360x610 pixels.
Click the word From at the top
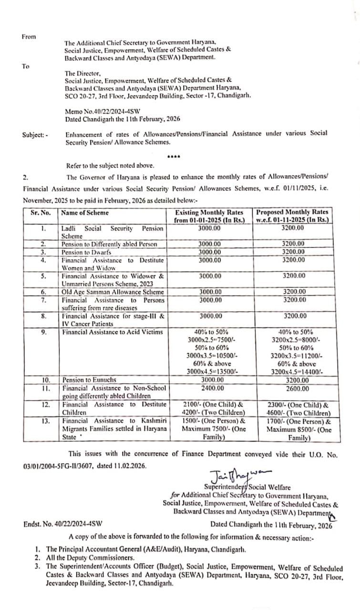click(x=29, y=37)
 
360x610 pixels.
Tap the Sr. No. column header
click(x=41, y=213)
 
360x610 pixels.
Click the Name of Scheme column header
click(x=85, y=213)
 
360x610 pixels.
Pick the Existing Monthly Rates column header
click(x=210, y=216)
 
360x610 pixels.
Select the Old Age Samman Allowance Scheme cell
click(x=113, y=292)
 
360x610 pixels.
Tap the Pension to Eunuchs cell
click(x=89, y=380)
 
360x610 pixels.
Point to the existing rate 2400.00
click(x=210, y=388)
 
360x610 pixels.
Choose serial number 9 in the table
click(x=43, y=332)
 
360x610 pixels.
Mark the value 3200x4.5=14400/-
click(x=297, y=372)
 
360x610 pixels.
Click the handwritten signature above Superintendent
click(x=236, y=475)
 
